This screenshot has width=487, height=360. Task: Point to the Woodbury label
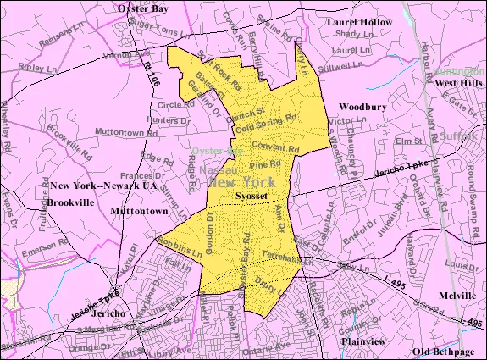[x=363, y=106]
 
